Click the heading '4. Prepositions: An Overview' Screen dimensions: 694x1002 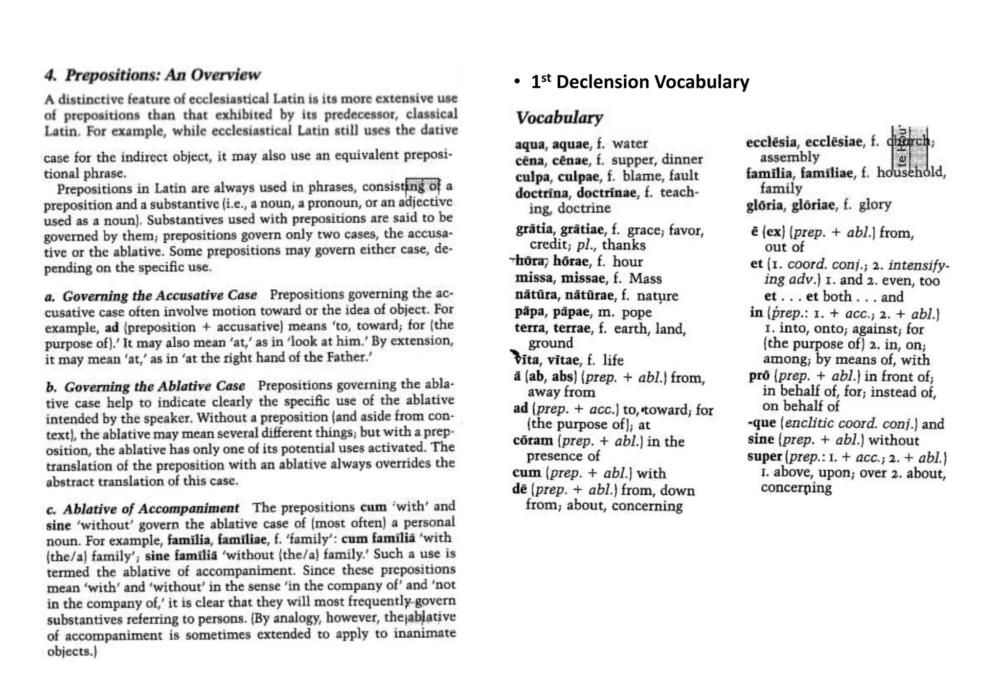tap(152, 75)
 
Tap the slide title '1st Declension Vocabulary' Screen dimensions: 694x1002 tap(640, 82)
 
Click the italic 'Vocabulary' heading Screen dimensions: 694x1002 tap(559, 117)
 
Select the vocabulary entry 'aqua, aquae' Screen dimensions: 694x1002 tap(552, 144)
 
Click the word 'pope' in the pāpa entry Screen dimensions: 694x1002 tap(637, 312)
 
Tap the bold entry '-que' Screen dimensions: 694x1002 tap(762, 423)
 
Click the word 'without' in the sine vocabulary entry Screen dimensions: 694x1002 tap(893, 440)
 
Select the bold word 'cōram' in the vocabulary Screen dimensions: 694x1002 tap(532, 440)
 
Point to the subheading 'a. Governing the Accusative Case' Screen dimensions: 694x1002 tap(151, 296)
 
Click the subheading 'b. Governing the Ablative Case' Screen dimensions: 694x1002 tap(146, 387)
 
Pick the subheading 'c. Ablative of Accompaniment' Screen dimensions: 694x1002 tap(143, 509)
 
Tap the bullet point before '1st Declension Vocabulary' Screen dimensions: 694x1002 tap(517, 82)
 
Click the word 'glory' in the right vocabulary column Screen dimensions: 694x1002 tap(875, 205)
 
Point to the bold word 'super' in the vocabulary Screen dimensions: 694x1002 tap(764, 456)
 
